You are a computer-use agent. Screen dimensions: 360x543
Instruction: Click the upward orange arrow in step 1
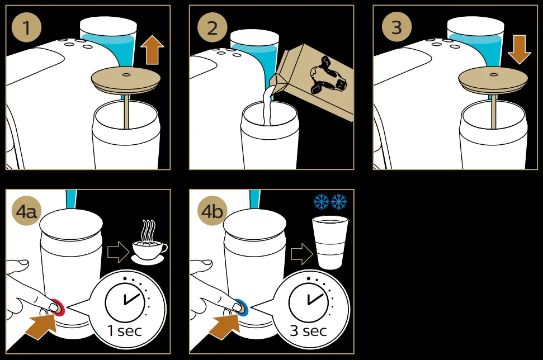pos(152,50)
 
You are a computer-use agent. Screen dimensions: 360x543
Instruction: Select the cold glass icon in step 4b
pos(329,244)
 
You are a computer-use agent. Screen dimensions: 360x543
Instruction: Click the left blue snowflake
pos(321,202)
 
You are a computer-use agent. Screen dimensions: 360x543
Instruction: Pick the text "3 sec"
pos(308,330)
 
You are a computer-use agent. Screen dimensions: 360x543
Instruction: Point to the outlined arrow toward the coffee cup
pos(117,253)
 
